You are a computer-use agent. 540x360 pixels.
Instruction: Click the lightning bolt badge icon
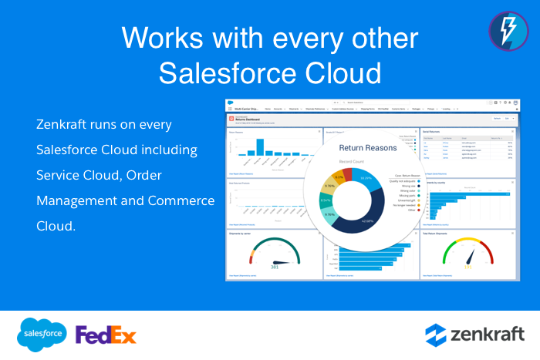[x=508, y=31]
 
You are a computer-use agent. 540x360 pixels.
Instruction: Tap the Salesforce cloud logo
[x=43, y=334]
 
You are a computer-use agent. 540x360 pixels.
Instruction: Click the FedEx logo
[x=106, y=335]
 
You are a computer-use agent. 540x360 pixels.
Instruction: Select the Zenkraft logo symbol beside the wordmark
[x=437, y=335]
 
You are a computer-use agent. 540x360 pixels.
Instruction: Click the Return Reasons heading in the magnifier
[x=366, y=147]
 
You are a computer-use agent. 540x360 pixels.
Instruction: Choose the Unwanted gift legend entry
[x=403, y=200]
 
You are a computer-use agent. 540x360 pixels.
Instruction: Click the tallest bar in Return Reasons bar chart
[x=260, y=147]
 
